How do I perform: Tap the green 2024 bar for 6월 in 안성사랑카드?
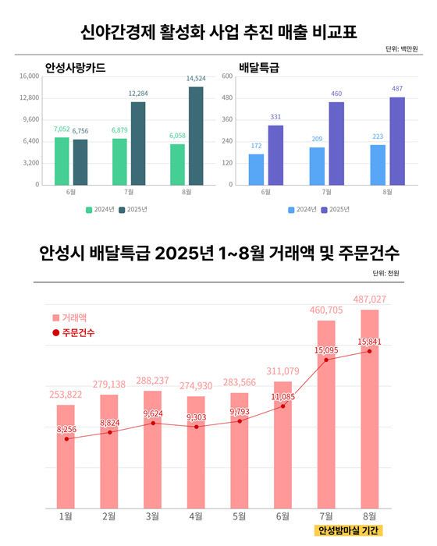[x=62, y=161]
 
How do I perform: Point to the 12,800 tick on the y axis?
[x=28, y=97]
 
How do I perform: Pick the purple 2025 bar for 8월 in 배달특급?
[x=397, y=140]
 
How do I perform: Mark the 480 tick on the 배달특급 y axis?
[x=228, y=97]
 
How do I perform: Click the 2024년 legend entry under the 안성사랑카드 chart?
[x=100, y=209]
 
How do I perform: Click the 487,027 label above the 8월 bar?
[x=369, y=300]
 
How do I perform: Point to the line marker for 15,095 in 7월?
[x=326, y=360]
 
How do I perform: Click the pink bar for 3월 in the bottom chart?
[x=152, y=460]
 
